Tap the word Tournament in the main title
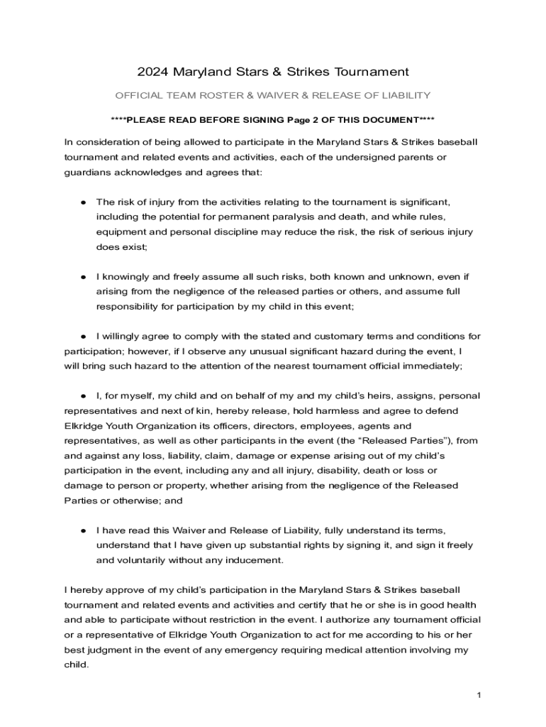click(373, 72)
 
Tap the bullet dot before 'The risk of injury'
click(83, 202)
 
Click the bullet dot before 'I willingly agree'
click(83, 336)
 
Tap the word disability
click(358, 471)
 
